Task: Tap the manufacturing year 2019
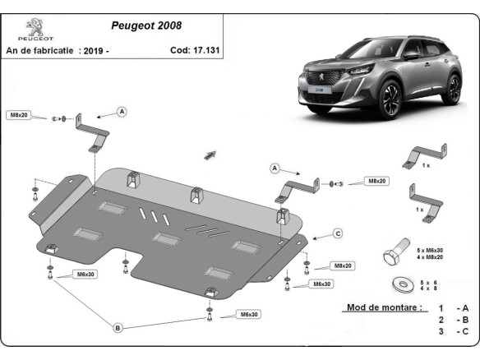[x=95, y=51]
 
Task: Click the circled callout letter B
[x=117, y=328]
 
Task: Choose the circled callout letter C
[x=337, y=233]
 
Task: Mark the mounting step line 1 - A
[x=455, y=307]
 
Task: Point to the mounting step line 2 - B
[x=455, y=320]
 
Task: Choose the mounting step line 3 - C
[x=455, y=332]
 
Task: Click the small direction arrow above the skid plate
[x=210, y=155]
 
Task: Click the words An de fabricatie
[x=40, y=51]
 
